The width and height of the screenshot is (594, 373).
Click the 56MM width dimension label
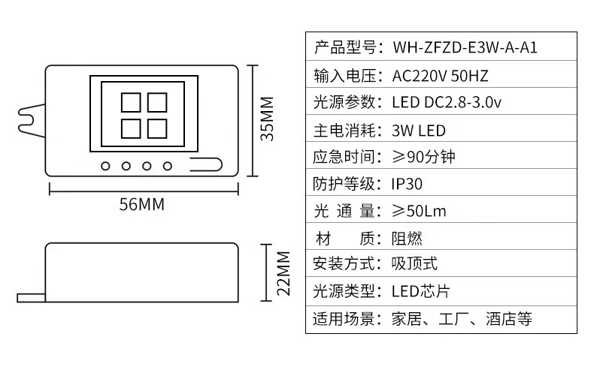click(x=141, y=204)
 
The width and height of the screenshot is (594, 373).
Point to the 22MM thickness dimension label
click(x=283, y=272)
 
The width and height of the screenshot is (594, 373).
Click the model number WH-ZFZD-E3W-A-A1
click(x=465, y=48)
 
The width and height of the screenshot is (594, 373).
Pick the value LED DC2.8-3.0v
click(x=447, y=103)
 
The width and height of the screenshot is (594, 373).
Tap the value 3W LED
click(x=418, y=130)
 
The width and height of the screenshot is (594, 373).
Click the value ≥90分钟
click(x=423, y=157)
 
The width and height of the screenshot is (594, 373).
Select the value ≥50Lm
click(x=419, y=211)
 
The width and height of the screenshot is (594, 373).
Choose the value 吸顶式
click(x=414, y=264)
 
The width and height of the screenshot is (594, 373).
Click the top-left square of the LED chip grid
click(x=130, y=102)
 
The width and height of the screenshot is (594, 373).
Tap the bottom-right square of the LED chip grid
click(x=156, y=128)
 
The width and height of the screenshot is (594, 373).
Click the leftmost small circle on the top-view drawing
click(x=106, y=165)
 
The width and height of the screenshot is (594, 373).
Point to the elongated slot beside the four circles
click(x=205, y=164)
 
